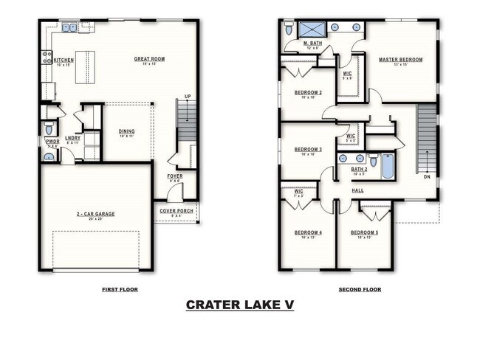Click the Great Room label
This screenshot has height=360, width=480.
148,59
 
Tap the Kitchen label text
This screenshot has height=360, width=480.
64,60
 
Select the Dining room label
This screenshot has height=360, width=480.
126,131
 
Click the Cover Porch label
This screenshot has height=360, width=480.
176,210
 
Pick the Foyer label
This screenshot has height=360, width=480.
175,176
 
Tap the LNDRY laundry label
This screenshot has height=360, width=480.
72,138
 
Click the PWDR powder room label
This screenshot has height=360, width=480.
52,141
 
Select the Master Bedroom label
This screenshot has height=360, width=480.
400,60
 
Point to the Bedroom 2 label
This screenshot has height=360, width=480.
308,92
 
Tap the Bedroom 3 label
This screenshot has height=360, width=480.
308,149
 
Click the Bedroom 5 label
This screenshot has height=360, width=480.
365,232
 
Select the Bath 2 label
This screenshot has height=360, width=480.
360,169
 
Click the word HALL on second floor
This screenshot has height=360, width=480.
357,190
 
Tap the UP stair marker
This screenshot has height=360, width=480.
188,97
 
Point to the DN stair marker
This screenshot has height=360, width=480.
426,177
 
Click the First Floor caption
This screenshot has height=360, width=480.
120,289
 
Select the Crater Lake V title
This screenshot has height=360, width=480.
239,305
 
